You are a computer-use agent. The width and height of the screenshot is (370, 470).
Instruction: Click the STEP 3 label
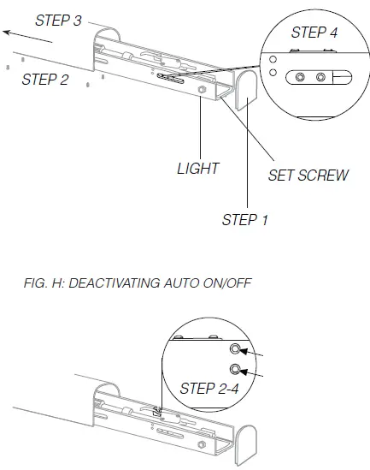point(58,20)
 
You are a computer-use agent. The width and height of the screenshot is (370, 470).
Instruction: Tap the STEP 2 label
point(45,80)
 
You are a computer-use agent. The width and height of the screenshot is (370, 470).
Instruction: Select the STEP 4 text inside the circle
point(314,33)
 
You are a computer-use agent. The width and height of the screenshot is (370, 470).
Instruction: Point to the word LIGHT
point(198,169)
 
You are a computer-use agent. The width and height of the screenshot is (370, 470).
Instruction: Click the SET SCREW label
point(308,176)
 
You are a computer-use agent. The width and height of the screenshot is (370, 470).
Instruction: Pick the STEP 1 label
point(245,220)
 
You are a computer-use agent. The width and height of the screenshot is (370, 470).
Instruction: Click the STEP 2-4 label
point(209,389)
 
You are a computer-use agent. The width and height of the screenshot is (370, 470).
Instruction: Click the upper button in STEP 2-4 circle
point(235,349)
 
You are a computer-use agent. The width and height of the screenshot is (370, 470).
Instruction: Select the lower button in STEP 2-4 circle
point(235,371)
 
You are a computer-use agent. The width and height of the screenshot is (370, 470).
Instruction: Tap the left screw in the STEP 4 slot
point(300,77)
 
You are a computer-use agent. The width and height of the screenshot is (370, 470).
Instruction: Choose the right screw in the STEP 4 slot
point(321,77)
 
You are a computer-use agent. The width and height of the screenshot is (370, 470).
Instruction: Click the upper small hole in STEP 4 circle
point(273,60)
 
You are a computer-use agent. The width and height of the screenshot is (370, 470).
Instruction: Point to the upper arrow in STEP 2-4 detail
point(255,351)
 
